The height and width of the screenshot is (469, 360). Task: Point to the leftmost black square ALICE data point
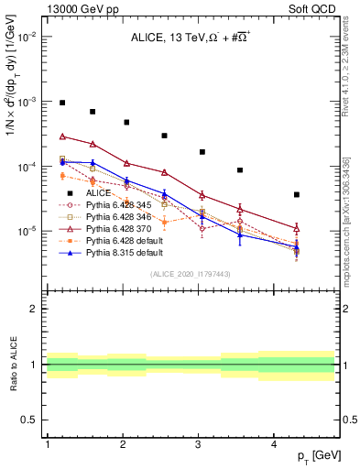click(62, 103)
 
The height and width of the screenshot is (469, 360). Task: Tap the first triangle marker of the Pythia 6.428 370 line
click(62, 136)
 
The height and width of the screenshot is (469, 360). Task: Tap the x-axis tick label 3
click(199, 444)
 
